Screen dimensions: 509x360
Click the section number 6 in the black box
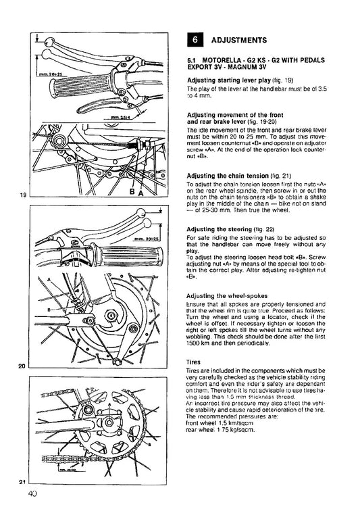[x=195, y=39]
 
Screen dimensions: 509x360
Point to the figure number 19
[x=22, y=195]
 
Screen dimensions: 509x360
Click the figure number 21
[x=22, y=481]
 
